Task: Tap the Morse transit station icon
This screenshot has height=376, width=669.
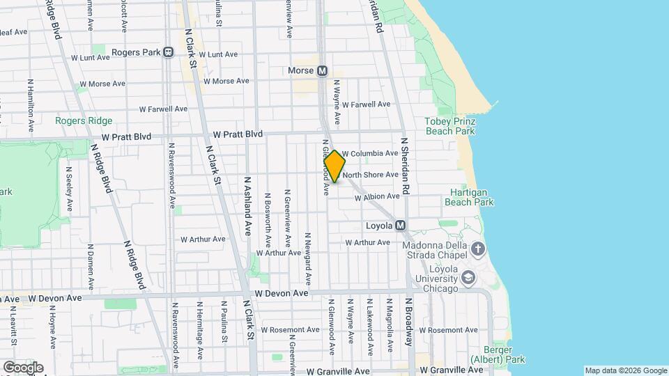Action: point(323,71)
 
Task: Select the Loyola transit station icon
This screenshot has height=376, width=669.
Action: point(400,226)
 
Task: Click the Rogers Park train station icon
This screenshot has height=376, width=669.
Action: point(168,52)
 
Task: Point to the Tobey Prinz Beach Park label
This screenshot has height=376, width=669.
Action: point(449,126)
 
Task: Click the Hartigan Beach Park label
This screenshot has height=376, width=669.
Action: point(469,197)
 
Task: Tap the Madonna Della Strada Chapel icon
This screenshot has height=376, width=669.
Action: point(477,249)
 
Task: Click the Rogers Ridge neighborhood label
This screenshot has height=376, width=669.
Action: point(84,120)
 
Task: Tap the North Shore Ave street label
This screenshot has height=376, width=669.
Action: point(370,175)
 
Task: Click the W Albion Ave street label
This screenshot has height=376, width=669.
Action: point(377,197)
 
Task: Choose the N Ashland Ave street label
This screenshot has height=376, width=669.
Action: point(247,205)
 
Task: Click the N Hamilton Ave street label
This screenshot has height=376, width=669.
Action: point(31,105)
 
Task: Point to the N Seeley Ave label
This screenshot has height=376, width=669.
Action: point(69,188)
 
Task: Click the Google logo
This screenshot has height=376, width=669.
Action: point(23,368)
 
